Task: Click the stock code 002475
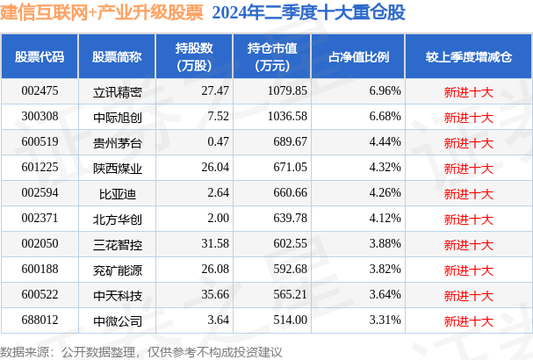40,90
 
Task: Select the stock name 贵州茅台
118,143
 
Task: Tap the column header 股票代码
40,57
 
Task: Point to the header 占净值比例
358,57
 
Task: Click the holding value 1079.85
287,90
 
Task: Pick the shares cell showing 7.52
219,116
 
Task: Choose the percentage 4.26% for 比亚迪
385,193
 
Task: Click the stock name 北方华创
118,220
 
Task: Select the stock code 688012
40,320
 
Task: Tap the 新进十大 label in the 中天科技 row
468,296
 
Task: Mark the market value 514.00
291,320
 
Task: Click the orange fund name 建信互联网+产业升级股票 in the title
102,12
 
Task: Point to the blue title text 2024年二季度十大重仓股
309,12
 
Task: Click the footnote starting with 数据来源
141,352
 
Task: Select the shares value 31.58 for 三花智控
215,244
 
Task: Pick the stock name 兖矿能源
118,270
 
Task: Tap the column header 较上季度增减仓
469,57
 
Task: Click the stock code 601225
40,167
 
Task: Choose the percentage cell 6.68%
385,116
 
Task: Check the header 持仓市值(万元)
272,57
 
